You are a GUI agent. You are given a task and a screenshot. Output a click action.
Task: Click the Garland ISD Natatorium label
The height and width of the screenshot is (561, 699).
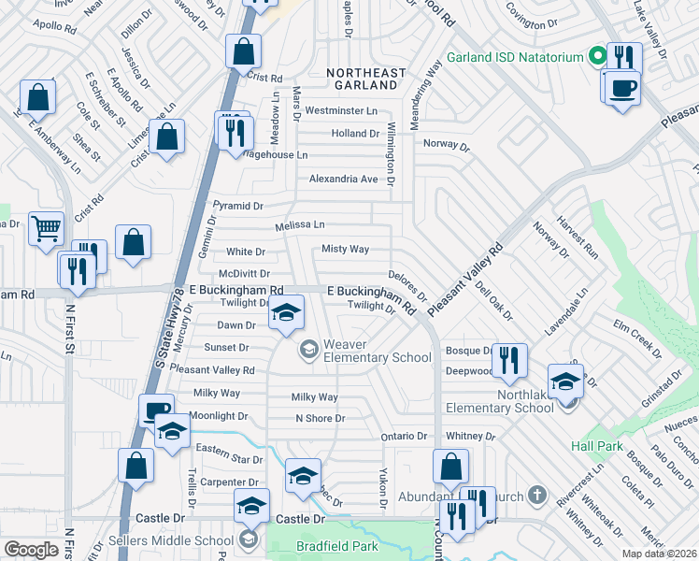[514, 57]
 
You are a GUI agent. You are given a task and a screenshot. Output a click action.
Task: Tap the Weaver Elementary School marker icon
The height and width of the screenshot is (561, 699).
[308, 350]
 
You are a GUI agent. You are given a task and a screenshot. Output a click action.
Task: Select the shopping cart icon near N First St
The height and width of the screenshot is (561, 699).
[46, 227]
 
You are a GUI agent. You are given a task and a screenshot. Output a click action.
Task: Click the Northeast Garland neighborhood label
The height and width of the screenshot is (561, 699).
[366, 79]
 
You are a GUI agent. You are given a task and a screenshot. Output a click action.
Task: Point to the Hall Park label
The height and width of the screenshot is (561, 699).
[598, 447]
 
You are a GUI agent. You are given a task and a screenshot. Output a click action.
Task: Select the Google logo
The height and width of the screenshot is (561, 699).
[31, 550]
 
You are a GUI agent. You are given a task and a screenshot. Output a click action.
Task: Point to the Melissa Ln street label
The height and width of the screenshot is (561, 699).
[300, 225]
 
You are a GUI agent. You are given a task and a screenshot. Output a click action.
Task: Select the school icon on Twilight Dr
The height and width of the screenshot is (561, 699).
[287, 312]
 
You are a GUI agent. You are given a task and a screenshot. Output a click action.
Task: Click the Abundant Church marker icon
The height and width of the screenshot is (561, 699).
[537, 494]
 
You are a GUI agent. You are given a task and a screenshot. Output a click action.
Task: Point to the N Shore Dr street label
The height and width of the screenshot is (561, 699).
[321, 418]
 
